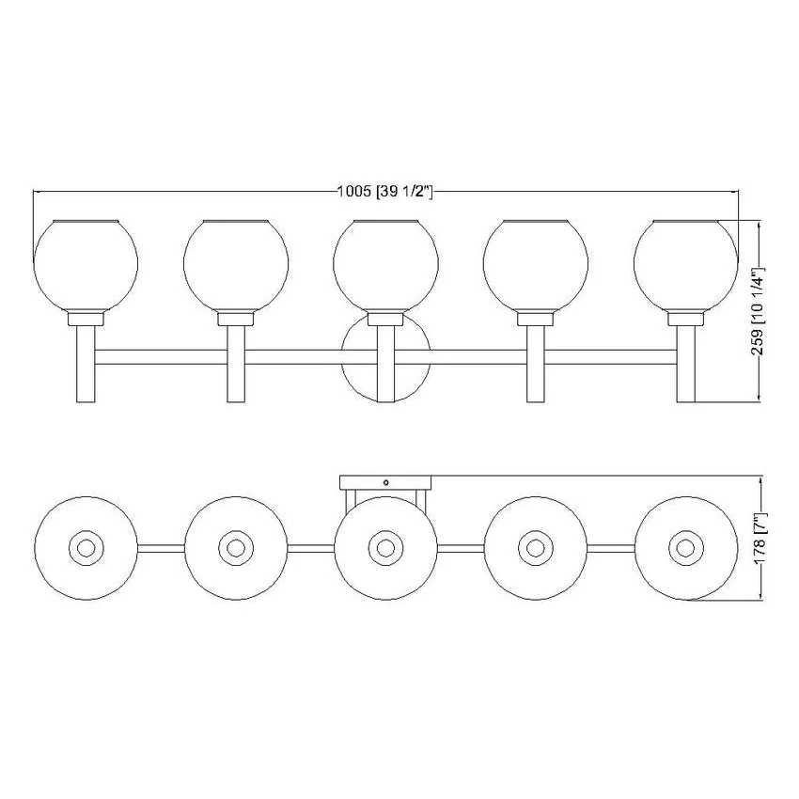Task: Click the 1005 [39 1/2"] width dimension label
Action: (x=385, y=192)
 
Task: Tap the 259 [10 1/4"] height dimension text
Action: (x=759, y=311)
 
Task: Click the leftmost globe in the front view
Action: (x=86, y=265)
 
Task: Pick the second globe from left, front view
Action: (x=236, y=265)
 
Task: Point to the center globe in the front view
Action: (x=385, y=265)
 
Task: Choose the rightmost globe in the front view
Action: (x=686, y=265)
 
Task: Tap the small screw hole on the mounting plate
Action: (x=385, y=482)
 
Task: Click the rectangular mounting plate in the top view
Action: (x=385, y=482)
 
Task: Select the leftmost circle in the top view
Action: (x=86, y=548)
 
